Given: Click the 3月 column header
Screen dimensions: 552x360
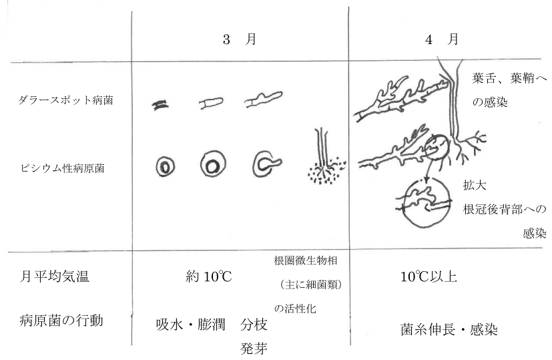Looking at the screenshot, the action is point(240,39).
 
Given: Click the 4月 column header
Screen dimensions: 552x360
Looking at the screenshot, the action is point(442,39).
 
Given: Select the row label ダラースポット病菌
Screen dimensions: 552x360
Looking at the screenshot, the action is point(65,100).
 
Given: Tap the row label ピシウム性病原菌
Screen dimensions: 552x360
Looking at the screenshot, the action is point(63,168).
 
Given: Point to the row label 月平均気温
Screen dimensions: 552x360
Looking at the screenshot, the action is point(54,276).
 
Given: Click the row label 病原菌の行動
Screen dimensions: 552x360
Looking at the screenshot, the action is point(61,321).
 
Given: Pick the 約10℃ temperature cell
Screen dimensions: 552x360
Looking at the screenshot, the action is point(209,277).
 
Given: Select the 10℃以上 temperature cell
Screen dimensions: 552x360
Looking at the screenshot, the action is point(429,277).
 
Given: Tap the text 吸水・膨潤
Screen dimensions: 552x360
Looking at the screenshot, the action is point(190,325).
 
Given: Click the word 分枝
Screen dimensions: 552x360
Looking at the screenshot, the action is point(254,325).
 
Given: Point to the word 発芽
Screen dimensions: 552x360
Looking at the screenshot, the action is point(254,349).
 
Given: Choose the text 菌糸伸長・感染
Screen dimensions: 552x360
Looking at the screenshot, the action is point(449,329).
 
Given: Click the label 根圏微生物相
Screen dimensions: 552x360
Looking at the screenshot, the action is point(306,260).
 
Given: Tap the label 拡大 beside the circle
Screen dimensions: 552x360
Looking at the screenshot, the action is point(475,185).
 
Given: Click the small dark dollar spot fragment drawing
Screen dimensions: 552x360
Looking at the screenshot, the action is point(160,105).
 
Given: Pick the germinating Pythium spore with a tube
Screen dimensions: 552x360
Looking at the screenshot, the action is point(267,164).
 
